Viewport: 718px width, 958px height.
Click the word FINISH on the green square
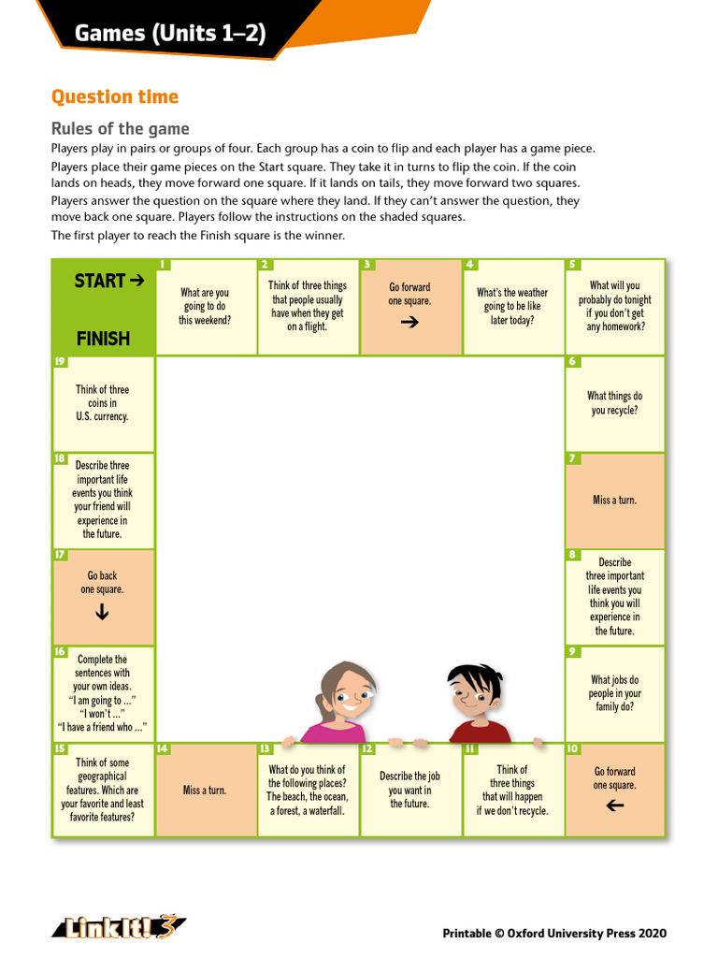click(103, 339)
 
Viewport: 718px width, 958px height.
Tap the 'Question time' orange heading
click(114, 97)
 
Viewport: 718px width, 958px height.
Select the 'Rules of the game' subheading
click(120, 129)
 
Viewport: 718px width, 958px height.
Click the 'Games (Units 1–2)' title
click(170, 35)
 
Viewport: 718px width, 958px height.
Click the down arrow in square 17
click(102, 613)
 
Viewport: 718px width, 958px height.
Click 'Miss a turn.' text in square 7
click(614, 501)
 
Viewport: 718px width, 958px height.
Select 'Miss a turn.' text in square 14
click(205, 791)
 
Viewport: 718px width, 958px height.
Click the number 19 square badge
click(60, 361)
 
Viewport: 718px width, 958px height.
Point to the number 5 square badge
click(572, 265)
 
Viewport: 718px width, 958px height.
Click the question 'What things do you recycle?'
click(614, 403)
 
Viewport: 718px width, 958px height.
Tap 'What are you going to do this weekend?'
click(205, 306)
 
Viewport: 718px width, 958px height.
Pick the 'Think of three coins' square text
click(102, 403)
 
